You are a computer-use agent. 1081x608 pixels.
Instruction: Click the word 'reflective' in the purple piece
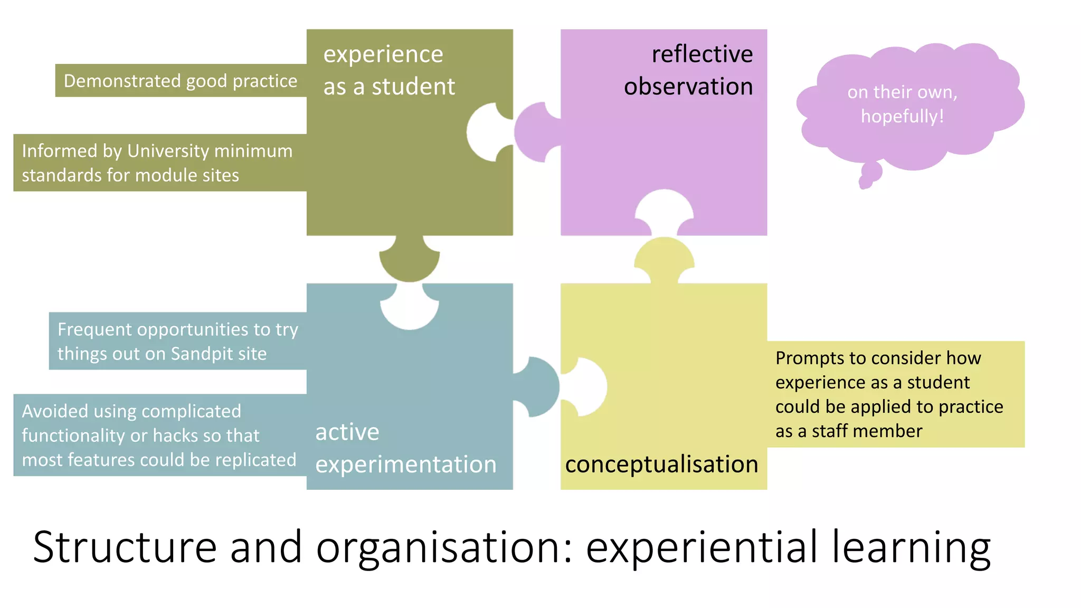[x=702, y=54]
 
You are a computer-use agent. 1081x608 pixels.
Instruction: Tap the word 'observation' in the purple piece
[x=688, y=87]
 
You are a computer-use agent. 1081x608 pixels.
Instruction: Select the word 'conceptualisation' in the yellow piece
[x=661, y=464]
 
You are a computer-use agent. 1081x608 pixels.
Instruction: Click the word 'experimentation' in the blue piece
[x=406, y=464]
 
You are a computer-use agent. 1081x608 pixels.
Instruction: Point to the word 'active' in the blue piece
[x=347, y=432]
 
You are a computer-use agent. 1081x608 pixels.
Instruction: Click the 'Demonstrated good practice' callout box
[x=181, y=81]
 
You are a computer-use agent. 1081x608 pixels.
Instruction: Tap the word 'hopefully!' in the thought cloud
[x=902, y=116]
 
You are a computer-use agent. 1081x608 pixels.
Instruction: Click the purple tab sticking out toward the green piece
[x=534, y=132]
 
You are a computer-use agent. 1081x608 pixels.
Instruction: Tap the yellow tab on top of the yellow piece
[x=664, y=259]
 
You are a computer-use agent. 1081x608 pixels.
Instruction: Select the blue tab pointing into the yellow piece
[x=538, y=386]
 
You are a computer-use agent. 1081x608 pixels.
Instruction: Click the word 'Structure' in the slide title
[x=125, y=547]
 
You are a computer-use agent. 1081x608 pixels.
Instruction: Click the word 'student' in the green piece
[x=413, y=87]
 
